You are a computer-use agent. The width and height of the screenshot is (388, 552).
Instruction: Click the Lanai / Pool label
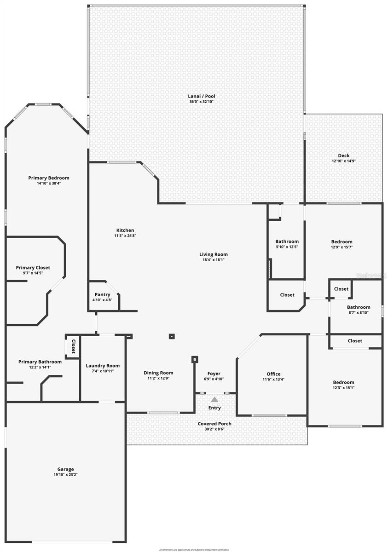coord(202,96)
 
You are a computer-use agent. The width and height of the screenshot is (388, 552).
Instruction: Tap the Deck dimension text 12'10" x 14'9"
coord(344,161)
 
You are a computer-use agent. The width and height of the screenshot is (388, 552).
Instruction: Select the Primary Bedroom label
coord(49,178)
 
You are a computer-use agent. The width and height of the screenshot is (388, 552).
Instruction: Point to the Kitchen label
coord(125,230)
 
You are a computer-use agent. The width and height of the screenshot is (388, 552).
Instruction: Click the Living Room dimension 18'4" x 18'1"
coord(214,260)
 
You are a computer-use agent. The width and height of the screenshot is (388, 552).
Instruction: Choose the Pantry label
coord(102,295)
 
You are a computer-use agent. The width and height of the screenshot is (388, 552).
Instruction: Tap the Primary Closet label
coord(33,268)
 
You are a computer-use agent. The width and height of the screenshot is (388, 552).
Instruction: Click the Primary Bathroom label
coord(40,362)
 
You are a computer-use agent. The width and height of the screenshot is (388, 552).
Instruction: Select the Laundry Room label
coord(103,366)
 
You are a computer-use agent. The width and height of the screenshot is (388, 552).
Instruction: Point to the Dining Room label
coord(158,373)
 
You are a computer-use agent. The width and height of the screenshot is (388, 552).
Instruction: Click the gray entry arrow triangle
coord(214,399)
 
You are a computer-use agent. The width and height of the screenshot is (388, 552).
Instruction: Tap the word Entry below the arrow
coord(214,408)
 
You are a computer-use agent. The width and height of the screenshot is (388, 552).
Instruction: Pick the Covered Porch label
coord(214,424)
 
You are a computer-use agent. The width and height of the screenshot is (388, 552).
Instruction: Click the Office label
coord(273,374)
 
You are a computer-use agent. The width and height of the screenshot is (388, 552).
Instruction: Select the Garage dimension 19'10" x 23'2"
coord(65,475)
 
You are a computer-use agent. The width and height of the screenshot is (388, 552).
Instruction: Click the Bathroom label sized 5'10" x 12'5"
coord(287,241)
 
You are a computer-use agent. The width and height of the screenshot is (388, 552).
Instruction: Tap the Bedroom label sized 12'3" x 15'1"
coord(344,382)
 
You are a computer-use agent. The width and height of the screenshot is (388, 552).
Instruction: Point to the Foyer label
coord(214,374)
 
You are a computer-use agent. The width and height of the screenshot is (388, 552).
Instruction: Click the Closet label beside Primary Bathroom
coord(73,346)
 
